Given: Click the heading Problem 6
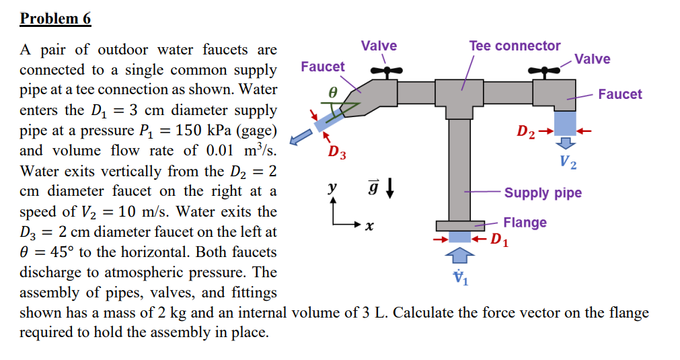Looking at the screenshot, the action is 55,18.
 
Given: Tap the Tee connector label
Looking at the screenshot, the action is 515,46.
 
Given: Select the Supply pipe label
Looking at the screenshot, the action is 543,192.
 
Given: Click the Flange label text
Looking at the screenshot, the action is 525,223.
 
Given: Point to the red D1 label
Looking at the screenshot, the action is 499,240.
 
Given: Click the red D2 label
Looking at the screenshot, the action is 525,131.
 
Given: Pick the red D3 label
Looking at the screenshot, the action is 337,152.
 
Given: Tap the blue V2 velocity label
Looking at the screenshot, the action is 568,162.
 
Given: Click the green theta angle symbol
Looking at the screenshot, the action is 333,92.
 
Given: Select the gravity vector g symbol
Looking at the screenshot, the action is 373,188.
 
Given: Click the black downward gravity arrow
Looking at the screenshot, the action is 390,188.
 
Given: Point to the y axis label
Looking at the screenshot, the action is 332,187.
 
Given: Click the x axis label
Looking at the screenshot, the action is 369,225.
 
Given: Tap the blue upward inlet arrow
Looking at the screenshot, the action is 459,256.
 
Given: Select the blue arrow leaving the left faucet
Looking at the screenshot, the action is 301,137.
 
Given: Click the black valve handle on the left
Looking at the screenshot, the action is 386,71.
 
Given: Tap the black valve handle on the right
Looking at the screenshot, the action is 544,71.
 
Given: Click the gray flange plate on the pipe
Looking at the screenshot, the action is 460,226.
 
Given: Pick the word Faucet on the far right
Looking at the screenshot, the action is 619,94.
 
